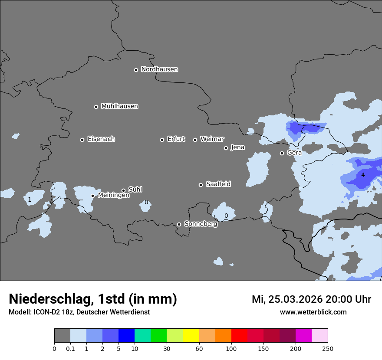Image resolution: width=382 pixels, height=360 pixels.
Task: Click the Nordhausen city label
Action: (x=159, y=69)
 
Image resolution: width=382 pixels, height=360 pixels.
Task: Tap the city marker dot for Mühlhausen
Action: (x=96, y=107)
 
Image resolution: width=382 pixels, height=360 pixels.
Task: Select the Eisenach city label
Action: (x=101, y=139)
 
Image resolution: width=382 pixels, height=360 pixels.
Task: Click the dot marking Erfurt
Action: (x=162, y=140)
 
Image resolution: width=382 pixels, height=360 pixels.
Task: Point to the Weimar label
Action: (x=212, y=139)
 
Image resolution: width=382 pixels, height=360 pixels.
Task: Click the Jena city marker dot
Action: (x=226, y=148)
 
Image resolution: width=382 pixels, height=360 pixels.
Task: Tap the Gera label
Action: (x=294, y=153)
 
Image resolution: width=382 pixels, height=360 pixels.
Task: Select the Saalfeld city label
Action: (x=218, y=184)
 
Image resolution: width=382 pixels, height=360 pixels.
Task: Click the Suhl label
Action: (x=135, y=190)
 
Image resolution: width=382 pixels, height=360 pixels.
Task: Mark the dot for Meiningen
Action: (x=93, y=196)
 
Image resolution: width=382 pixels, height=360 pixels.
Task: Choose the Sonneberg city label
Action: (x=201, y=224)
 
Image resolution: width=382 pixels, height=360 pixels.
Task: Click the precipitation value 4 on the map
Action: (x=363, y=175)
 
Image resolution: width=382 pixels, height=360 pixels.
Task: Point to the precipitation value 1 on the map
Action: (x=30, y=200)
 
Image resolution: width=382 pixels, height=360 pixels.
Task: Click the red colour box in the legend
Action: (x=239, y=336)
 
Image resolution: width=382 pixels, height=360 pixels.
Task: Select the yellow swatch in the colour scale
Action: (x=191, y=336)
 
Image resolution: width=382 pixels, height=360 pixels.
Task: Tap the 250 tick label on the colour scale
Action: (x=328, y=348)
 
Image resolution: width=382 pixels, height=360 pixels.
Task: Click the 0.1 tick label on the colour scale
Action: (x=70, y=348)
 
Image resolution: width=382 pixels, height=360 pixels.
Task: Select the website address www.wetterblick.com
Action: (x=313, y=312)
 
